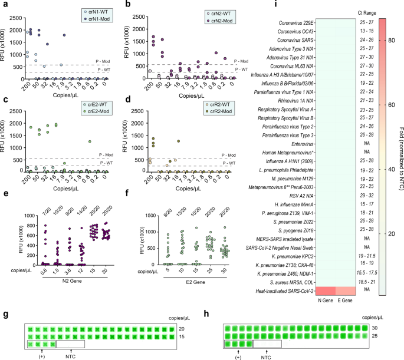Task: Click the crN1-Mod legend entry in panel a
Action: tap(101, 18)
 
